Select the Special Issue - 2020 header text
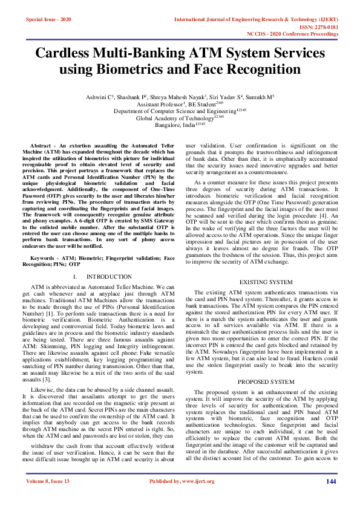[48, 19]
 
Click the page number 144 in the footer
[330, 499]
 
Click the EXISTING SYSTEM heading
[266, 282]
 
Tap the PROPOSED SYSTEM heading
[266, 381]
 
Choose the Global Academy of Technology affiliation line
[180, 118]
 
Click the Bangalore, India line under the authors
[180, 126]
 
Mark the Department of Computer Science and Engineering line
[180, 111]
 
